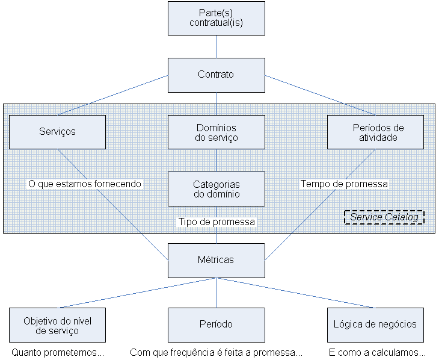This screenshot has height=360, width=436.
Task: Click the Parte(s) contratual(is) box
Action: coord(216,18)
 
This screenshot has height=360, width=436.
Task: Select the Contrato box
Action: coord(216,75)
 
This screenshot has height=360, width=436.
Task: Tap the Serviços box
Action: coord(57,132)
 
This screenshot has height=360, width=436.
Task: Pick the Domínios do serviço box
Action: coord(216,132)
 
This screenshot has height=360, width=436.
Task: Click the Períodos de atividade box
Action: coord(375,132)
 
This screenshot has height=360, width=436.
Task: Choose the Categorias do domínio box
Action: coord(216,189)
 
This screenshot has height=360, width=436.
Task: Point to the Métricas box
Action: coord(216,260)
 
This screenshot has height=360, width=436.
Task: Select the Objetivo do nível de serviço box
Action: coord(57,325)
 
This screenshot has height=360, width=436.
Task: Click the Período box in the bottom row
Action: coord(216,325)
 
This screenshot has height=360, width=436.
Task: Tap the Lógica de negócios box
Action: coord(375,325)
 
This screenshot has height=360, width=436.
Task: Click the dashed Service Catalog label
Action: coord(384,217)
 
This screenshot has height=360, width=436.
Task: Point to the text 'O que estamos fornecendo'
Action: coord(85,184)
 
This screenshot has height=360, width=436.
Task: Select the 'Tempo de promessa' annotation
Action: coord(344,184)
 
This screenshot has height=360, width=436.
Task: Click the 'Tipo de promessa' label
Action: coord(216,222)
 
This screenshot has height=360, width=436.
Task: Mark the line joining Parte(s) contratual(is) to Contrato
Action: coord(216,46)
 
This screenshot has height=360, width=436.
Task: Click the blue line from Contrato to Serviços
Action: coord(112,95)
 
